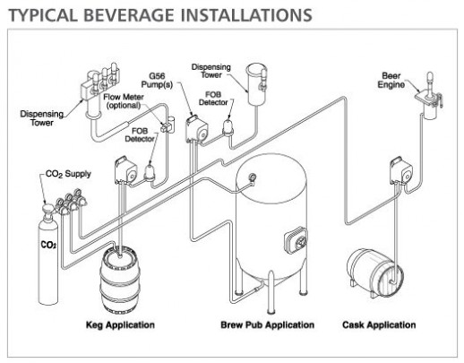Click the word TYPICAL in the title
pyautogui.click(x=37, y=15)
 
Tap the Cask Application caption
pyautogui.click(x=379, y=324)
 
